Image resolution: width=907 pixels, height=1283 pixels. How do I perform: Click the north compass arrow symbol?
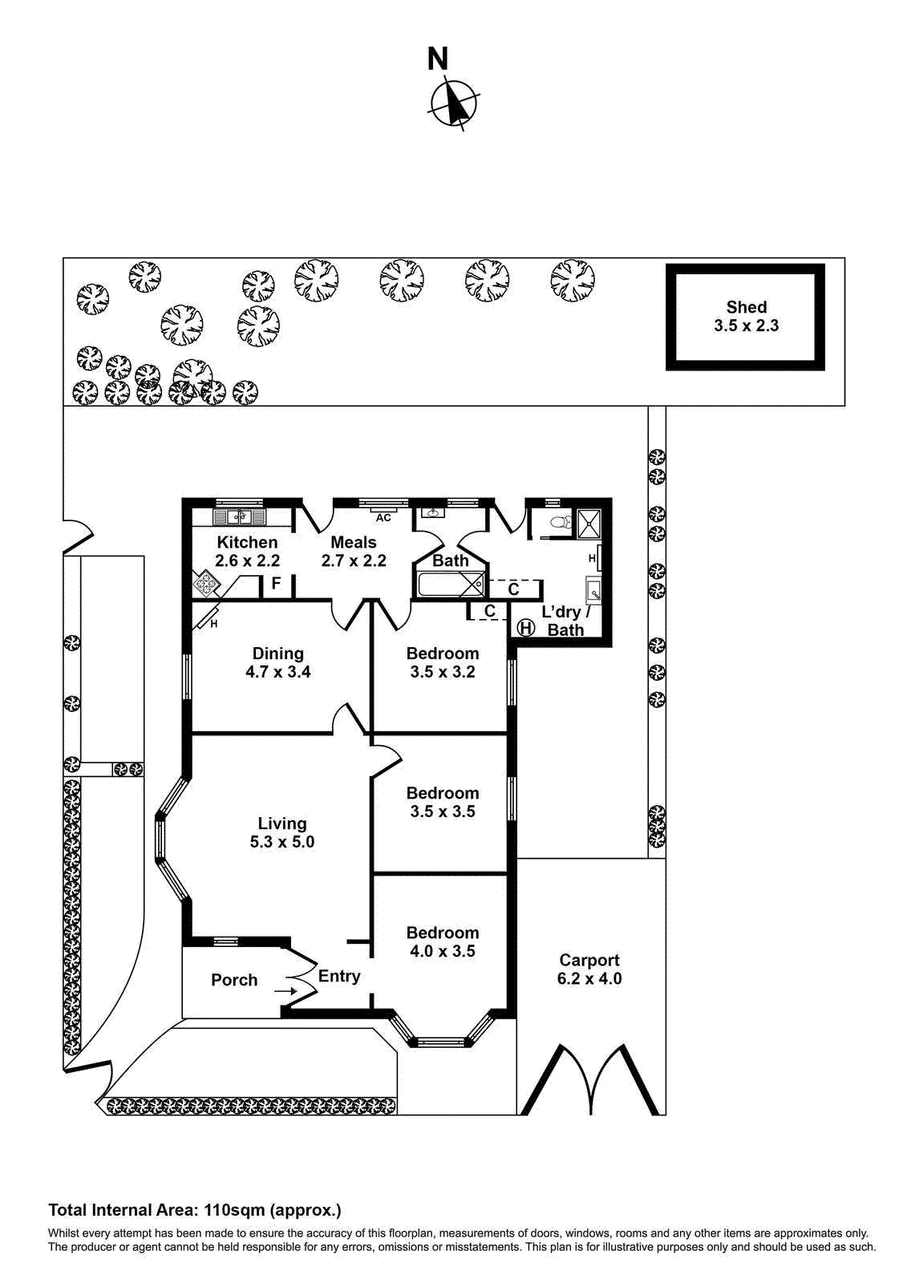pos(455,103)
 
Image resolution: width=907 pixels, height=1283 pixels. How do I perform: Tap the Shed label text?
pos(746,316)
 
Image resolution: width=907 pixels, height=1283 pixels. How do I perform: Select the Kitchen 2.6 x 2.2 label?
pos(247,552)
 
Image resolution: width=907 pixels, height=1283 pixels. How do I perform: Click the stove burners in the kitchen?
pos(206,583)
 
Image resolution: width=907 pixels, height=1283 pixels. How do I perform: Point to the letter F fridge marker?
pos(276,583)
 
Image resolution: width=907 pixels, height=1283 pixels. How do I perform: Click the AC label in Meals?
pos(383,518)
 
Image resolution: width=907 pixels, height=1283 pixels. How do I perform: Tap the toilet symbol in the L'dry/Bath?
pos(556,523)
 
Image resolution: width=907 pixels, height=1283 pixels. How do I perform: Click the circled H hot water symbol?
pos(525,627)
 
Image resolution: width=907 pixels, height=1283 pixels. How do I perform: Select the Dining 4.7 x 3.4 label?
pos(277,662)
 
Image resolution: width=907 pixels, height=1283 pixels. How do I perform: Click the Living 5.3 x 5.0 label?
pos(281,832)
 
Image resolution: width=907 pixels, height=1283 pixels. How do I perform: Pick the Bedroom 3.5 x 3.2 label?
pos(442,662)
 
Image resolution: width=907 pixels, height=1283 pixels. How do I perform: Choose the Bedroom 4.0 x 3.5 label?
pos(442,941)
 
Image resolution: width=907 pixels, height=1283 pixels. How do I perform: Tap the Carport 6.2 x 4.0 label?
pos(589,969)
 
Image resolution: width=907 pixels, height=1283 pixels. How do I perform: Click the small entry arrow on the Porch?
pos(285,991)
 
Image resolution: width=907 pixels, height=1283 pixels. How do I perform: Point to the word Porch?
pos(234,980)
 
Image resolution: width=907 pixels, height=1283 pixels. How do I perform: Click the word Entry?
pos(339,976)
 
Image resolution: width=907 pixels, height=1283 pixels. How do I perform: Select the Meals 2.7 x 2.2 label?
pos(354,552)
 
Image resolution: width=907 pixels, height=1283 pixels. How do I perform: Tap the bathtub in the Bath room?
pos(450,584)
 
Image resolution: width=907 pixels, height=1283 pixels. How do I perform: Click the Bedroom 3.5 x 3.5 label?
pos(442,802)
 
